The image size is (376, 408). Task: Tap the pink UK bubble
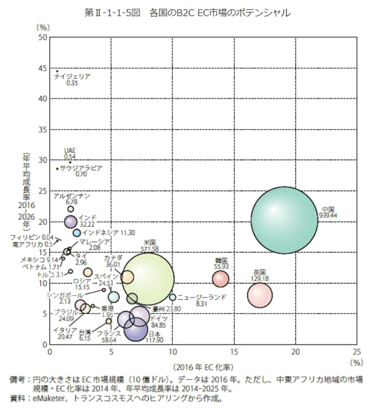(x=259, y=295)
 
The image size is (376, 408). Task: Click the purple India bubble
(x=71, y=221)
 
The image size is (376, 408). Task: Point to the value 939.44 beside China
(x=327, y=215)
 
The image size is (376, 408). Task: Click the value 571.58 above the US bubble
(x=149, y=249)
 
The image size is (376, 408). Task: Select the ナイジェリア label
(x=73, y=76)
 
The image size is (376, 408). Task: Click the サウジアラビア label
(x=81, y=169)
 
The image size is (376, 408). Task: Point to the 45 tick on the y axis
(x=42, y=68)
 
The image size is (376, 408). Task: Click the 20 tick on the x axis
(x=295, y=352)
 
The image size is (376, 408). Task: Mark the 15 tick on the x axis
(x=234, y=352)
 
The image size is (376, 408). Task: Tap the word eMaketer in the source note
(x=52, y=397)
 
